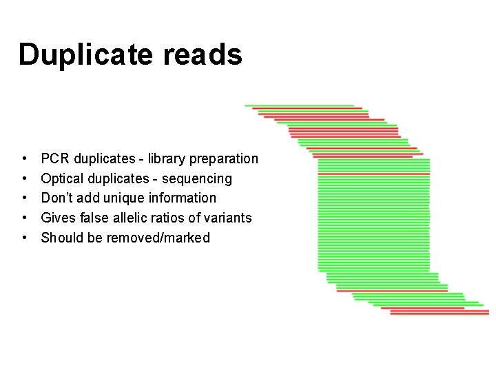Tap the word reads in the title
click(203, 54)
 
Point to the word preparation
click(224, 159)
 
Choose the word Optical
click(64, 179)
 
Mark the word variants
click(227, 218)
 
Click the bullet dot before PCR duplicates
click(25, 159)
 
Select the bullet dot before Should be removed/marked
click(25, 238)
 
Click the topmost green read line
click(300, 105)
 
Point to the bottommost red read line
click(437, 314)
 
